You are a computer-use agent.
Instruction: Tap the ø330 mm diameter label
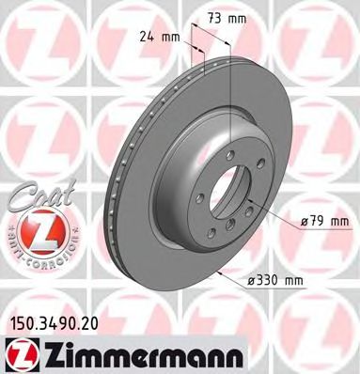click(277, 281)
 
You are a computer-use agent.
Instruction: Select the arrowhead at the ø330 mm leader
click(218, 271)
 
